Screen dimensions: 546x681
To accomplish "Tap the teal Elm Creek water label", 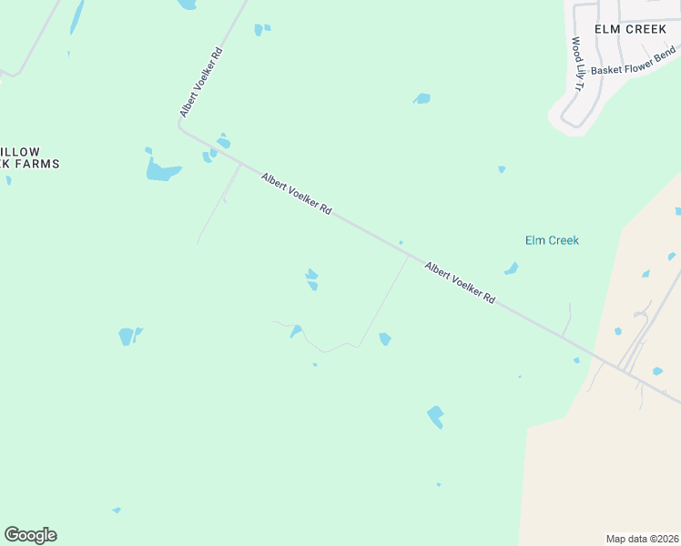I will [x=552, y=241].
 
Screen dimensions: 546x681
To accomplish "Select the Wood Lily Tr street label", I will [x=576, y=64].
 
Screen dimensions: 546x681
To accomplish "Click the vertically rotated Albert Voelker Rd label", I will [x=201, y=81].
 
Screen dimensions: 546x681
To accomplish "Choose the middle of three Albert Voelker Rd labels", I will [x=296, y=194].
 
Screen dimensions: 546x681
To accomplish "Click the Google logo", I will [x=30, y=535].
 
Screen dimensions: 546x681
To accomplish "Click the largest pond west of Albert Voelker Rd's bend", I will [x=161, y=170].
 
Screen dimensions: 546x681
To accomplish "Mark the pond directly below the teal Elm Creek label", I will [x=512, y=268].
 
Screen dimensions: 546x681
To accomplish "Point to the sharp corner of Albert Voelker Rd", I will [x=180, y=128].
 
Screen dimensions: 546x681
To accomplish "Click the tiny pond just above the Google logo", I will [x=116, y=511].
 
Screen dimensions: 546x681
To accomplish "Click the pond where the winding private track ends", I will [x=295, y=331].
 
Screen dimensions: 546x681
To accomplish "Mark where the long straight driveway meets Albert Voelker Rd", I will [x=408, y=255].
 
